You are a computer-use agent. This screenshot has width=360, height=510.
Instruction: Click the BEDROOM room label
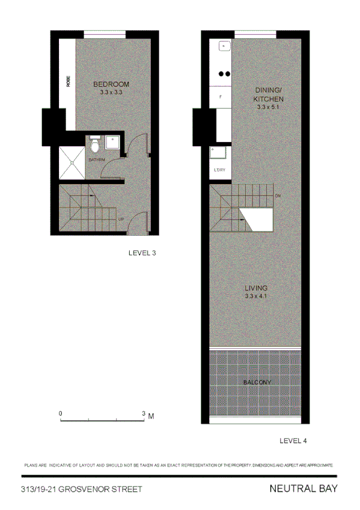[111, 84]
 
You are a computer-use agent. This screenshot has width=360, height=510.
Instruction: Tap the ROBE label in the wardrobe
[69, 81]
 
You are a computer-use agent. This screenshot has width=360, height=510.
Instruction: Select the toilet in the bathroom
[94, 145]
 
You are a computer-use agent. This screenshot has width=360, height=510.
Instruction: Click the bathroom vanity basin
[112, 143]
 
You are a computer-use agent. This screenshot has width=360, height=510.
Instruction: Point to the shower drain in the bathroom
[72, 162]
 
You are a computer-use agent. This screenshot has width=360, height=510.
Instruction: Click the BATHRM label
[97, 159]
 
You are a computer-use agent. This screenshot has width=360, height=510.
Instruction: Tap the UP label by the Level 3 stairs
[121, 219]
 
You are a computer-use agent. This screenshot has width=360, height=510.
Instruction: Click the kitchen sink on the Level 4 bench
[222, 45]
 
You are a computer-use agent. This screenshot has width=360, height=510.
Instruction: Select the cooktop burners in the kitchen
[224, 74]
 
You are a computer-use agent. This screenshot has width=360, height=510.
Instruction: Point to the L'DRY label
[219, 170]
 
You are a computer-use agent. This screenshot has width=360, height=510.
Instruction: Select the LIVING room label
[256, 288]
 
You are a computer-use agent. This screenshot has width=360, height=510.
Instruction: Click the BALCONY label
[257, 382]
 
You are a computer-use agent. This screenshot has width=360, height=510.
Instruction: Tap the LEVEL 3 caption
[142, 253]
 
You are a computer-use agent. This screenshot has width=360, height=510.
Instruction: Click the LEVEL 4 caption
[293, 441]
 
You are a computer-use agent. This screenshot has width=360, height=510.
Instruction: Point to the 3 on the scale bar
[144, 414]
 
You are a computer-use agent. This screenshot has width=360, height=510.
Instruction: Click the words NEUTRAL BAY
[304, 489]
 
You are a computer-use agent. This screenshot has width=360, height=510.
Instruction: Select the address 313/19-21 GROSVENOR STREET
[81, 490]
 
